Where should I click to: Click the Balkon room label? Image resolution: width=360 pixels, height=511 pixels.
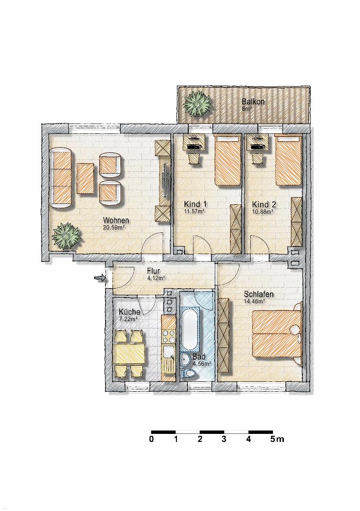point(253,101)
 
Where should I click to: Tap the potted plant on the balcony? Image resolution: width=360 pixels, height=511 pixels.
point(197,105)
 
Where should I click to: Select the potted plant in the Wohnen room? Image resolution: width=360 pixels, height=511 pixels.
point(66,236)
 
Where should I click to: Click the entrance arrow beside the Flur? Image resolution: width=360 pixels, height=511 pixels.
point(100,278)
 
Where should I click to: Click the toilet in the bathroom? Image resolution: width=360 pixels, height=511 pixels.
point(190,374)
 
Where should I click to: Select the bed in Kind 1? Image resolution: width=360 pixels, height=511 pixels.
point(227,161)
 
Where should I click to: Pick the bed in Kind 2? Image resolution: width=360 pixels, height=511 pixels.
point(288,161)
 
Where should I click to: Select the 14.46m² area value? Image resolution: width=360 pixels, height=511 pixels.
point(255,301)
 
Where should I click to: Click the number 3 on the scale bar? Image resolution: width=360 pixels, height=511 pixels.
point(224,439)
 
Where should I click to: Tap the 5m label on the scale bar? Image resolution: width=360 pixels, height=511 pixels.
point(277,439)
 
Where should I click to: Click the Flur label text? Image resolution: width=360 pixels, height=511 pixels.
point(153,271)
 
